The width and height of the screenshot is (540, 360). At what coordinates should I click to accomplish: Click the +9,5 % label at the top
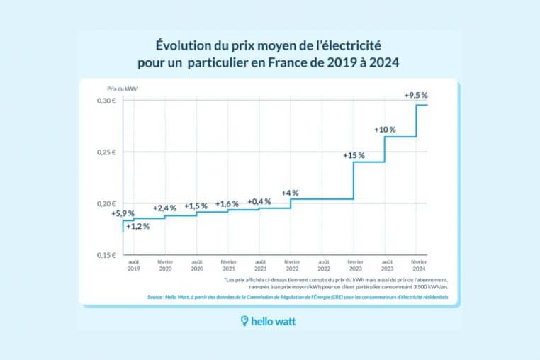(x=415, y=95)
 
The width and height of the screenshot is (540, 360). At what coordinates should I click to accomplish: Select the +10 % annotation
(x=385, y=130)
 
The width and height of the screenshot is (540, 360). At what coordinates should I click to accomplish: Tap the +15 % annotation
(x=353, y=155)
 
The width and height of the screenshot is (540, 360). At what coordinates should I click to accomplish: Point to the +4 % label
(x=290, y=193)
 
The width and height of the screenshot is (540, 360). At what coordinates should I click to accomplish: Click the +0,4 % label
(x=260, y=202)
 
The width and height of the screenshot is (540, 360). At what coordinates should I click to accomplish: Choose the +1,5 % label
(x=196, y=206)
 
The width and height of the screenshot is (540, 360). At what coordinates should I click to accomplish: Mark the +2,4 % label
(x=164, y=208)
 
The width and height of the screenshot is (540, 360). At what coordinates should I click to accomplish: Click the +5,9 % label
(x=123, y=213)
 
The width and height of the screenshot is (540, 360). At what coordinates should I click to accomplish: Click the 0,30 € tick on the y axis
(x=106, y=101)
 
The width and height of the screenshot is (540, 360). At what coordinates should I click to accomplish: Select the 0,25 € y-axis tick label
(x=106, y=152)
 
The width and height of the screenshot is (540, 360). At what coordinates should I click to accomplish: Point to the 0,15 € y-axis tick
(x=106, y=254)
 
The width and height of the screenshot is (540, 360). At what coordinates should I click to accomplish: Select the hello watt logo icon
(x=245, y=322)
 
